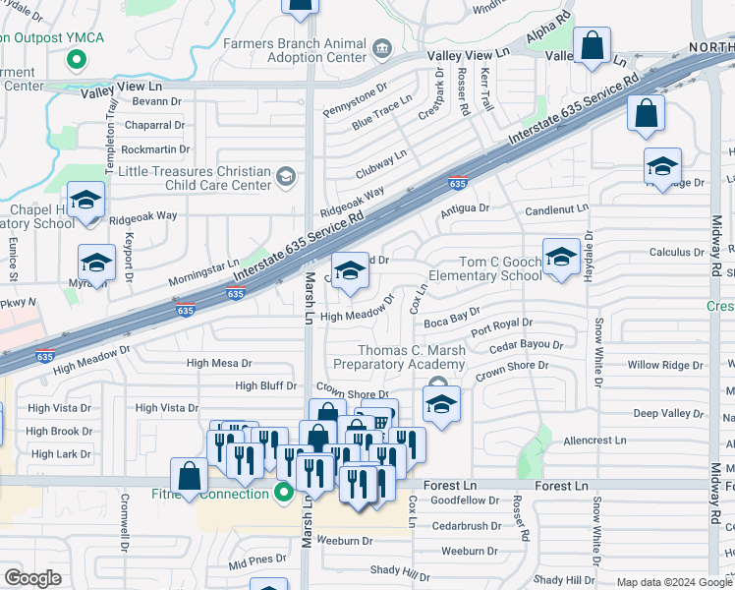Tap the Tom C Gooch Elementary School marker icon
coord(560,258)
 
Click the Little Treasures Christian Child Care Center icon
coord(286,177)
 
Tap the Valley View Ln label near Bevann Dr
coord(121,88)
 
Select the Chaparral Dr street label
coord(154,125)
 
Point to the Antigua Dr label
coord(464,207)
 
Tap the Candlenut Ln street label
coord(556,208)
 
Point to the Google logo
coord(33,578)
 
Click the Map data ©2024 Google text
coord(673,582)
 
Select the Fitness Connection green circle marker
coord(284,493)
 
